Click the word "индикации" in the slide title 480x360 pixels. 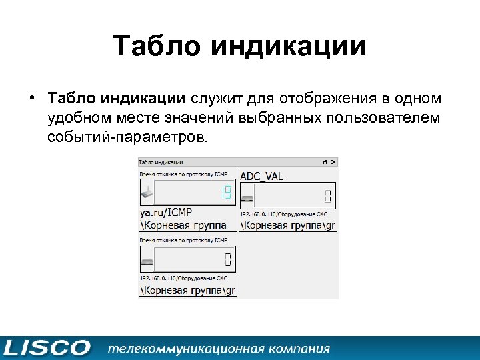(x=288, y=47)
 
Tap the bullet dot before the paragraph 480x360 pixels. (x=31, y=99)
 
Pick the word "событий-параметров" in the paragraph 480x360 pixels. (x=127, y=137)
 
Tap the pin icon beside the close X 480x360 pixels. (x=325, y=162)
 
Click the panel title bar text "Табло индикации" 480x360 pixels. (x=161, y=162)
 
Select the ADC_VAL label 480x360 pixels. (x=261, y=175)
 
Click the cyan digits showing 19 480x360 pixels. (x=226, y=194)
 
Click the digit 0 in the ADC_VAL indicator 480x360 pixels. (x=327, y=195)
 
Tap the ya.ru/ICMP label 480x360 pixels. (x=166, y=213)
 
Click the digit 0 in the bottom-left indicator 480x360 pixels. (x=227, y=259)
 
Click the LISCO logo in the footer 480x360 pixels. (x=47, y=347)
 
